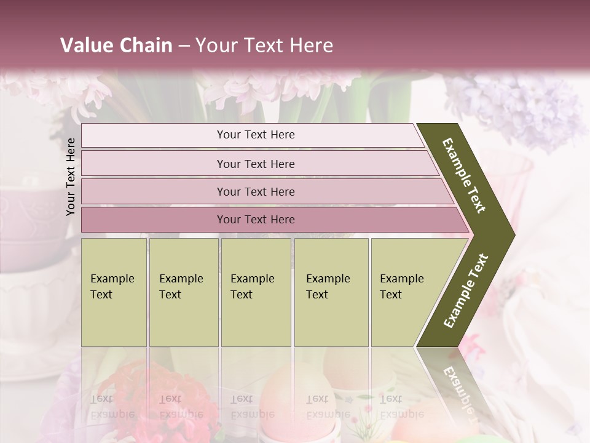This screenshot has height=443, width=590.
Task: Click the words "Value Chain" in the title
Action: [x=116, y=46]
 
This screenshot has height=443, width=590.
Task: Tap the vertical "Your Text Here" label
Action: [x=71, y=177]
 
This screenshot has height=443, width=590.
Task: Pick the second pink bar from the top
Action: [x=255, y=164]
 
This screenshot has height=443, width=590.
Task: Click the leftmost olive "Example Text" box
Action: [x=114, y=292]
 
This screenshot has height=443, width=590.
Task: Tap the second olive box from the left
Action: [x=183, y=292]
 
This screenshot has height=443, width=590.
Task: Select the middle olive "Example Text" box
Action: [x=256, y=292]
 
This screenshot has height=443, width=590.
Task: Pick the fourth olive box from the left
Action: [x=331, y=292]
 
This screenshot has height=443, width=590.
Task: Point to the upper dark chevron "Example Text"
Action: [x=465, y=175]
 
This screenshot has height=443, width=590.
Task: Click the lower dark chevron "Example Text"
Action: [x=466, y=290]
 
